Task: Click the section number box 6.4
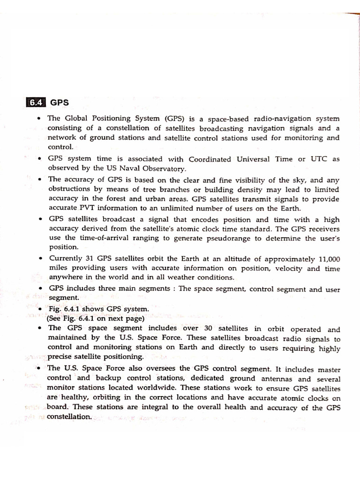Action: [x=35, y=102]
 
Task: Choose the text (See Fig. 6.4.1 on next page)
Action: [x=94, y=318]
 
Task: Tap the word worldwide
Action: [x=152, y=388]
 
